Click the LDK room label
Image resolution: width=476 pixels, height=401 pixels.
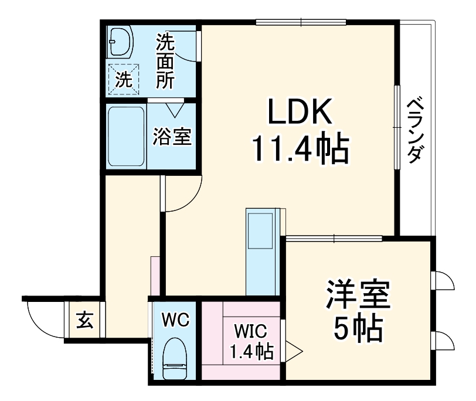point(300,111)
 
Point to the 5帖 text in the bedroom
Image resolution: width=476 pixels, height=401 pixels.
point(359,329)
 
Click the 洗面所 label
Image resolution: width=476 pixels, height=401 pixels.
point(165,60)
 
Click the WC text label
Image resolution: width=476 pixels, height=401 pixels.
point(175,320)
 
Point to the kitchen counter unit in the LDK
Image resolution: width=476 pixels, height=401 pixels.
point(261,252)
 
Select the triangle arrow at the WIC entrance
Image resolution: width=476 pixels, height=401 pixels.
point(293,351)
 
